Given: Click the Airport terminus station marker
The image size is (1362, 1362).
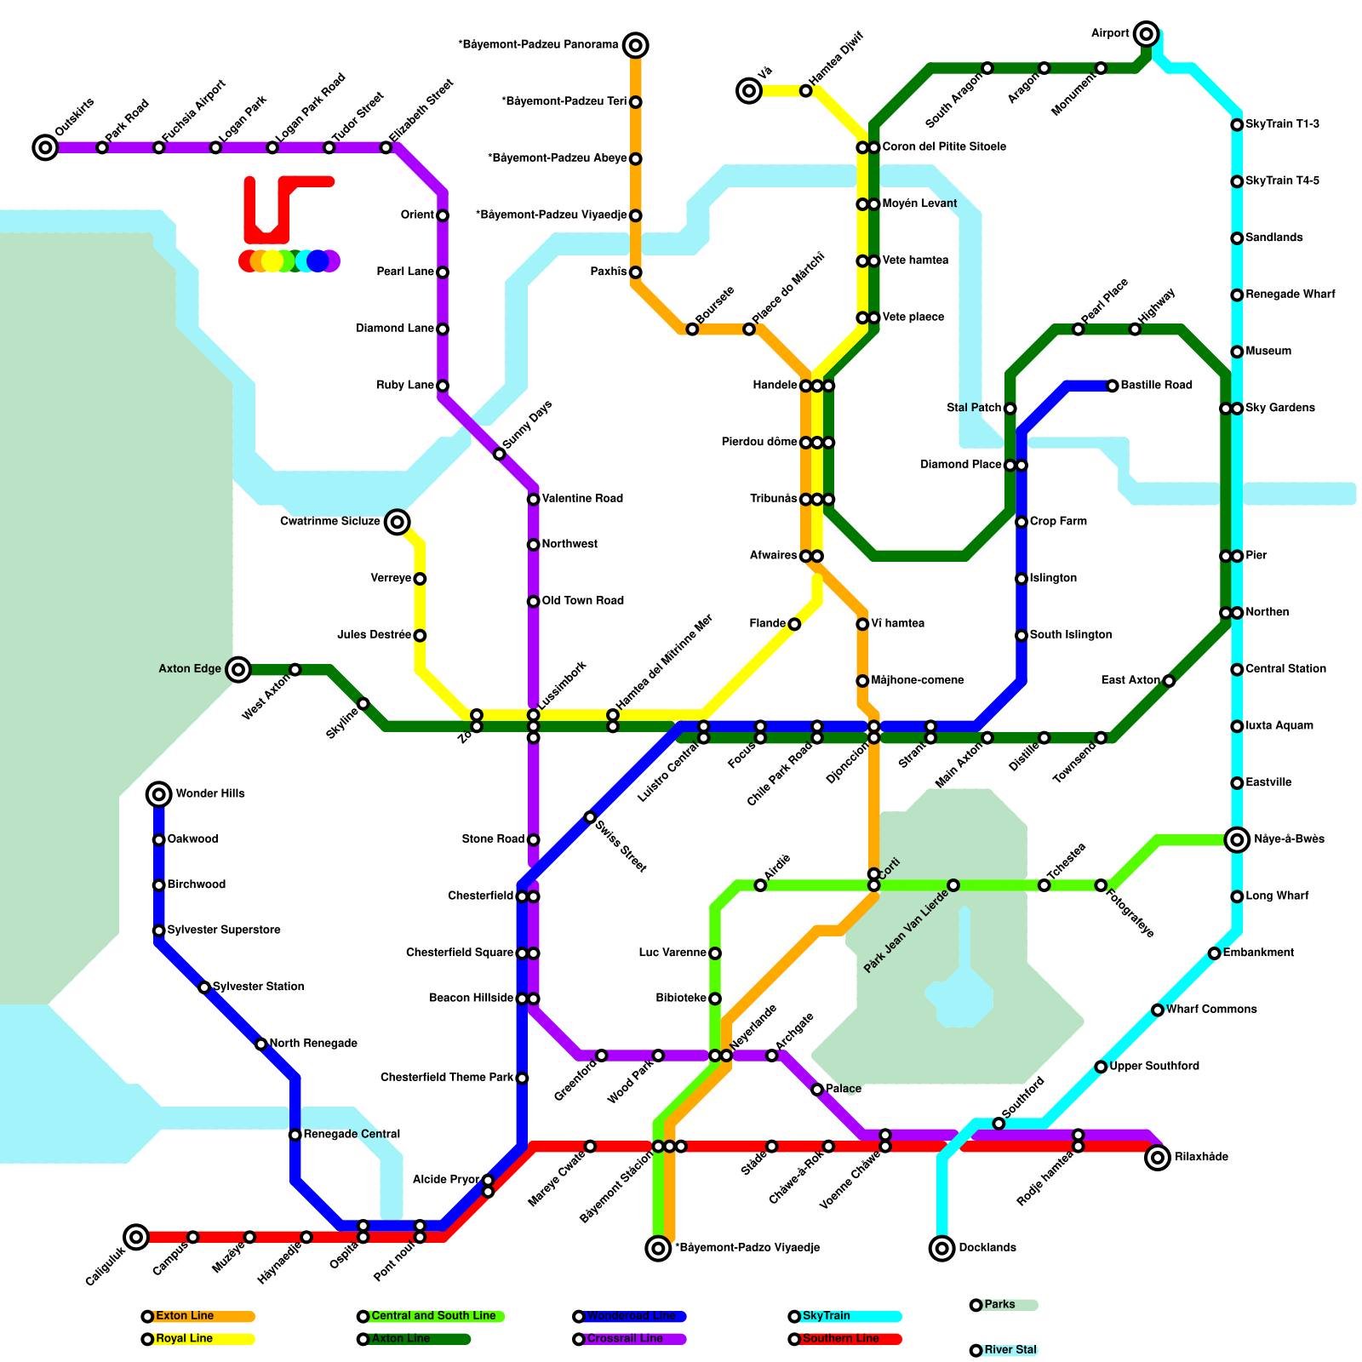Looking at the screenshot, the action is tap(1146, 34).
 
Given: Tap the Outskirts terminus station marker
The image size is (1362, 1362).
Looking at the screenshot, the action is tap(45, 148).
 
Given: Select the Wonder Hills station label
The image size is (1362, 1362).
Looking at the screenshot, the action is tap(209, 793).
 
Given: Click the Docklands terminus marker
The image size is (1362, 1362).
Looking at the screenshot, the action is tap(941, 1248).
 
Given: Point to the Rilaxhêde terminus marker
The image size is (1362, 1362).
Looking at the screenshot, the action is tap(1157, 1158).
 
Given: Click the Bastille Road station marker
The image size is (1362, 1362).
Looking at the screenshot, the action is tap(1112, 386).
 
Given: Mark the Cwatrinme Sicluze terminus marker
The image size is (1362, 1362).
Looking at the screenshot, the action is tap(397, 522).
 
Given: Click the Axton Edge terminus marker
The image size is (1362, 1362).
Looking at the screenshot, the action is tap(238, 669).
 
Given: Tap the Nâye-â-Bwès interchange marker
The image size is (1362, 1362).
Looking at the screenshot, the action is tap(1237, 840).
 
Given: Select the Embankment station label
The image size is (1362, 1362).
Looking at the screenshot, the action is tap(1258, 953).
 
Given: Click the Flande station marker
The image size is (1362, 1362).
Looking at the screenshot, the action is tap(794, 625).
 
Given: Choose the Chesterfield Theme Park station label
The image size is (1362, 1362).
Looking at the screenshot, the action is tap(447, 1078).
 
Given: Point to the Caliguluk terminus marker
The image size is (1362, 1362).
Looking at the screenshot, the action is tap(136, 1237).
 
